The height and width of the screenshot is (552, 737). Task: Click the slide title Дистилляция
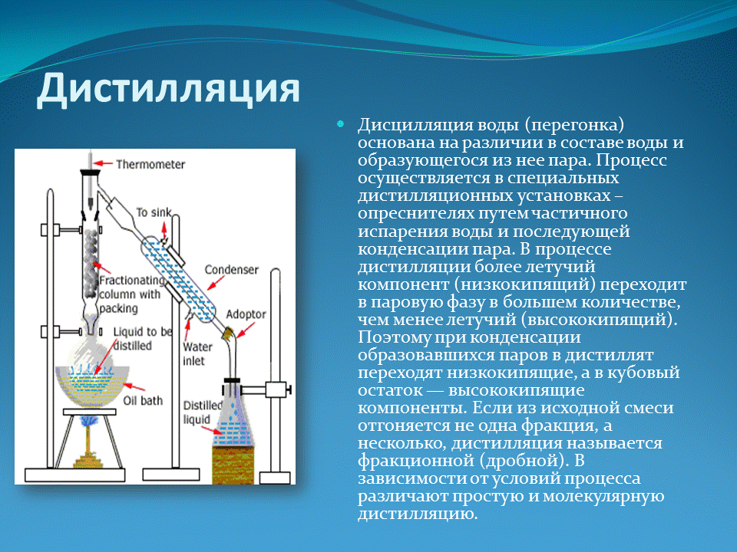168,88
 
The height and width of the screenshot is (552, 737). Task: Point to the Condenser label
231,270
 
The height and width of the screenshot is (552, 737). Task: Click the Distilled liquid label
201,412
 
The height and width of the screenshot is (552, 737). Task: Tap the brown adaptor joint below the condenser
227,334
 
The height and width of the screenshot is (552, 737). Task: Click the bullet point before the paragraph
342,123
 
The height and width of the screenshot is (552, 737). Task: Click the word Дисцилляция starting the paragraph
404,125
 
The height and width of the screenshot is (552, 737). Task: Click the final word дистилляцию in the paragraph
418,514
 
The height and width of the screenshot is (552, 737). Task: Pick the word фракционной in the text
408,462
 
